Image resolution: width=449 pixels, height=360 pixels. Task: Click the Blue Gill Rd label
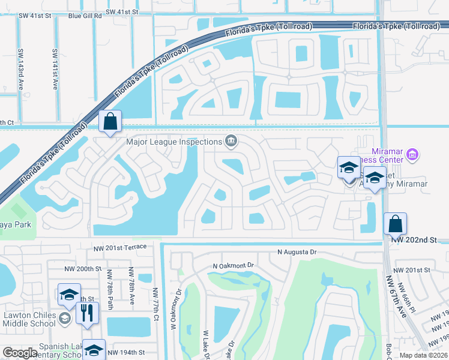tap(85, 16)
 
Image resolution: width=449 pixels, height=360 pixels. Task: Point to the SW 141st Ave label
tap(55, 69)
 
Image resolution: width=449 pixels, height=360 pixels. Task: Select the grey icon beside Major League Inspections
tap(231, 142)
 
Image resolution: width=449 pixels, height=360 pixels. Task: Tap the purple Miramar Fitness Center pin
tap(412, 155)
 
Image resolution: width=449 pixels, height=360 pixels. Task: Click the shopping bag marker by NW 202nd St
tap(395, 224)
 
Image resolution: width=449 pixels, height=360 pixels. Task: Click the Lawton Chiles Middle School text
tap(29, 319)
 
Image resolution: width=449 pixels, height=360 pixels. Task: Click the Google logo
tap(20, 353)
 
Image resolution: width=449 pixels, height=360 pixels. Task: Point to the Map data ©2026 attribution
tap(423, 355)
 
